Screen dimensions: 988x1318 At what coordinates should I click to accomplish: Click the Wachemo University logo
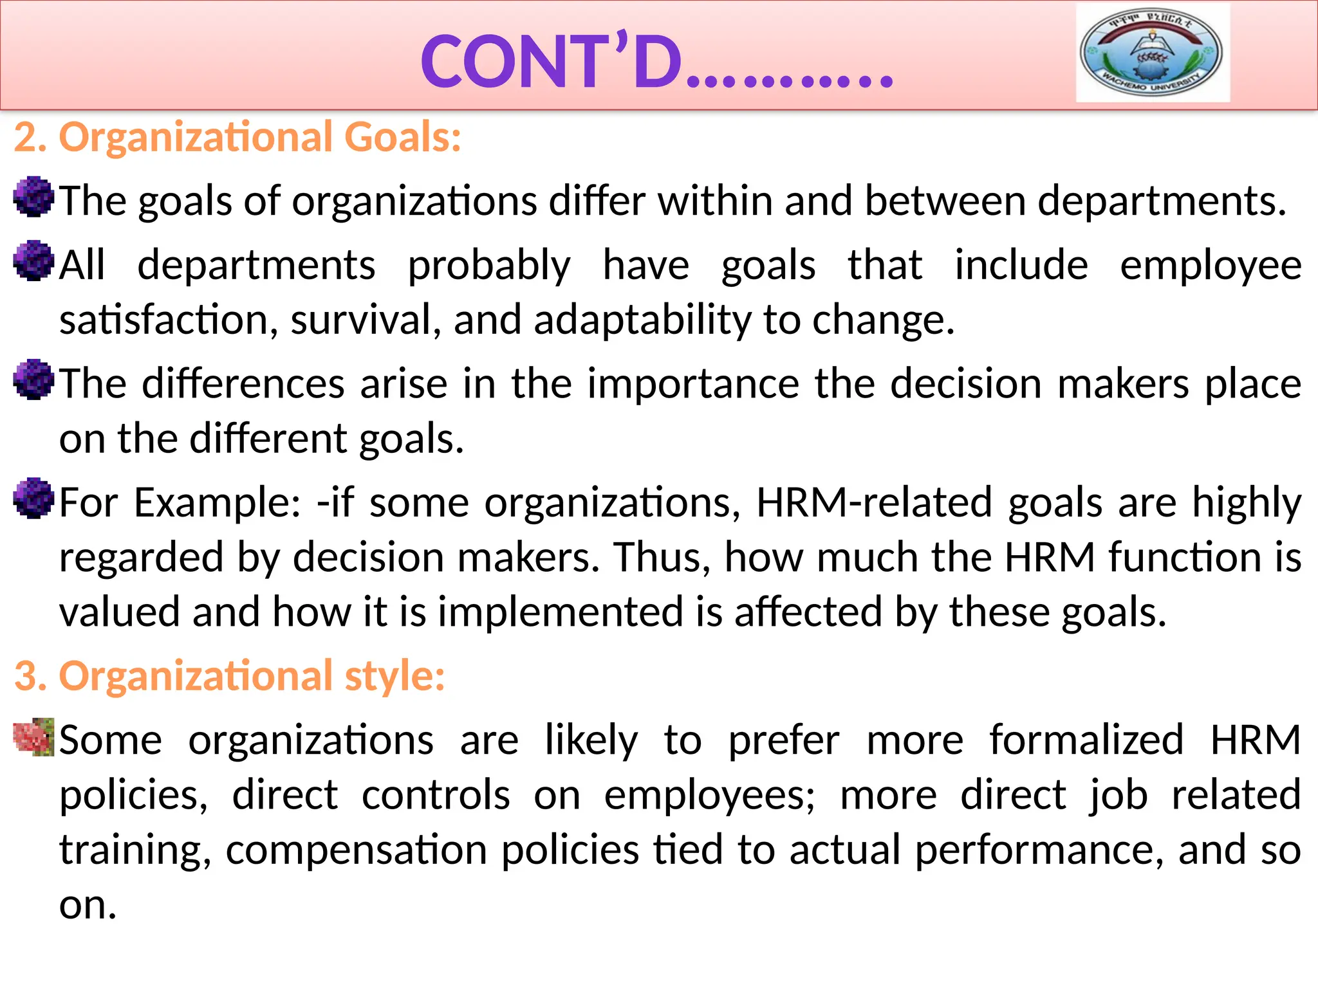[1152, 53]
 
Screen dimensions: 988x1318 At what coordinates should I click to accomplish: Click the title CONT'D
[656, 62]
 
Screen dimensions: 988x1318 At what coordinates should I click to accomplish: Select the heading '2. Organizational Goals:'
[237, 137]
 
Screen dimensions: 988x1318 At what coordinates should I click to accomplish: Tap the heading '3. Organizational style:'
[230, 676]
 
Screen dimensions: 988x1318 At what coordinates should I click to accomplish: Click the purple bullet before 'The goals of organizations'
[33, 197]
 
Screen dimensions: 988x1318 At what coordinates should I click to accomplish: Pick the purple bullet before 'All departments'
[33, 261]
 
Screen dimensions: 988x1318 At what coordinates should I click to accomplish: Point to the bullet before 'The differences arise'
[33, 380]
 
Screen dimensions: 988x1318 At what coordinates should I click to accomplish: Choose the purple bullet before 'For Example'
[33, 498]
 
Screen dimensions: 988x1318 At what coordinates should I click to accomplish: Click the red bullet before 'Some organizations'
[33, 737]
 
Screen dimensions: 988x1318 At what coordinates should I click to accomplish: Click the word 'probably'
[489, 266]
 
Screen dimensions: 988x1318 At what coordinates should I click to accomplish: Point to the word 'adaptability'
[642, 320]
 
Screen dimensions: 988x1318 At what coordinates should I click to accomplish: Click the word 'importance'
[693, 384]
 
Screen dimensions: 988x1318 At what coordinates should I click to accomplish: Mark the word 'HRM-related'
[874, 503]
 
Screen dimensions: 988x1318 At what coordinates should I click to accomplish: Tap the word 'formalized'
[1086, 740]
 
